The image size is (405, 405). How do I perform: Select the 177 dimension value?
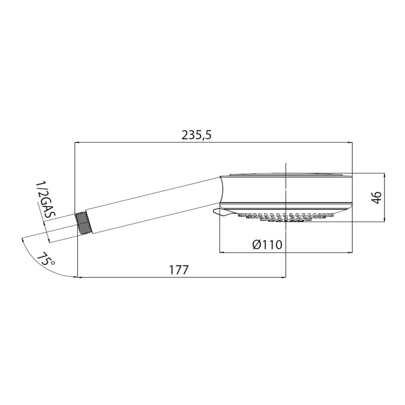179,269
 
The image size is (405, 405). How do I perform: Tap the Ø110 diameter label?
267,245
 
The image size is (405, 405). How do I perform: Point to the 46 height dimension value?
376,197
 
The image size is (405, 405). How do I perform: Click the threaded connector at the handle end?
83,223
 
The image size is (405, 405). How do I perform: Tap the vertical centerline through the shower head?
285,238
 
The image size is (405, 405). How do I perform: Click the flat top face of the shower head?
286,174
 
